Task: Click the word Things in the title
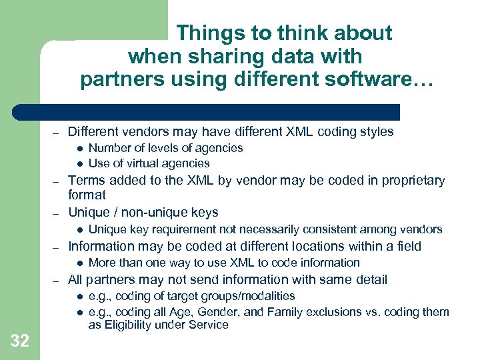209,33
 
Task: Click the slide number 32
20,341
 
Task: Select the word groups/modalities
244,296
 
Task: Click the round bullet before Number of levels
79,148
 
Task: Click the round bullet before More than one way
79,263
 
